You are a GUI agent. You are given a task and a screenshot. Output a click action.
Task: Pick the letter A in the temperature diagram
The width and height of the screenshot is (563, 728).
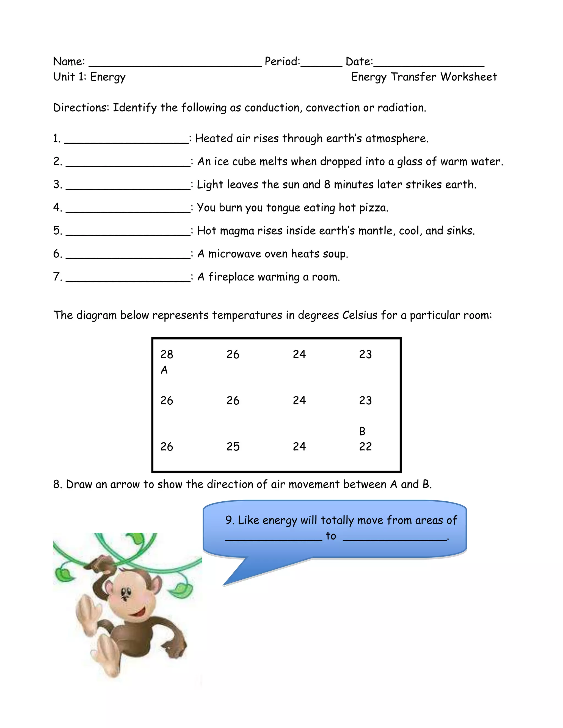[164, 370]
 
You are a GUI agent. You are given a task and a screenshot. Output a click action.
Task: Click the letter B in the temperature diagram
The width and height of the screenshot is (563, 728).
[362, 431]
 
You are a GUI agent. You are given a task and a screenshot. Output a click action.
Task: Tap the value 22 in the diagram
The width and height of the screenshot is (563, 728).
[365, 447]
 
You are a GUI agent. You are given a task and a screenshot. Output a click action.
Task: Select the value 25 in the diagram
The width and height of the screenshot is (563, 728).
[233, 447]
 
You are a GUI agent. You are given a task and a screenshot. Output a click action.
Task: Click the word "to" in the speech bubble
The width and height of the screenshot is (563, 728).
[331, 536]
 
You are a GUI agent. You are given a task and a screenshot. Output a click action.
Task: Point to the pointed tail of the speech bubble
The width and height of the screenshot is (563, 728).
[230, 582]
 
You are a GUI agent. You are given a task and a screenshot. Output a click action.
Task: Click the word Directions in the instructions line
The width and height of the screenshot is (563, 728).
[81, 108]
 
